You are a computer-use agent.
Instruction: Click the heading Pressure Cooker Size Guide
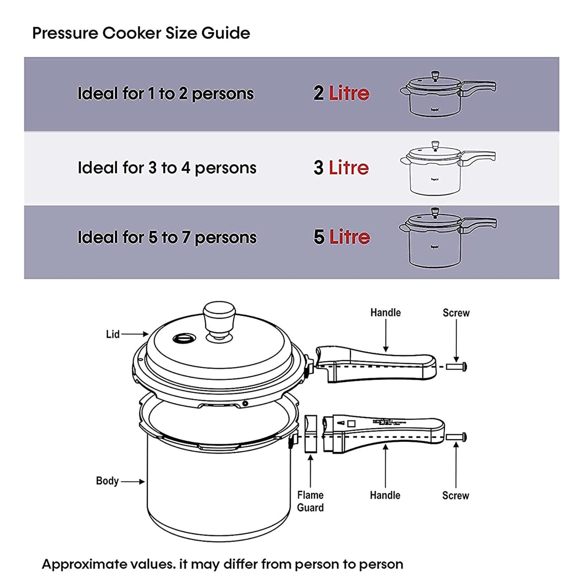click(141, 33)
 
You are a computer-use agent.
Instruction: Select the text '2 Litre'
click(341, 93)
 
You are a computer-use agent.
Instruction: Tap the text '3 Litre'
click(341, 168)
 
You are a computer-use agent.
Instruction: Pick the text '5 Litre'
click(342, 237)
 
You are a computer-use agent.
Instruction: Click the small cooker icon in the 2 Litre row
click(448, 94)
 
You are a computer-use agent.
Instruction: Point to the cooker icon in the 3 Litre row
click(448, 168)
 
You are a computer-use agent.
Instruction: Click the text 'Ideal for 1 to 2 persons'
click(165, 94)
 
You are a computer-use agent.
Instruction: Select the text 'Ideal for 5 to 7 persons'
click(167, 237)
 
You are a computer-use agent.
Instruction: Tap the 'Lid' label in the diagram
click(113, 334)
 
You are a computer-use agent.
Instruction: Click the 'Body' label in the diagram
click(107, 481)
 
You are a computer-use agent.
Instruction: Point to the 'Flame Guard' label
click(310, 501)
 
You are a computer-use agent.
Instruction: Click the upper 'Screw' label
click(456, 313)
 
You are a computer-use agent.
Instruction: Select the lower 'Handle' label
click(385, 495)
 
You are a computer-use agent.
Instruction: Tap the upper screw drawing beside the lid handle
click(456, 367)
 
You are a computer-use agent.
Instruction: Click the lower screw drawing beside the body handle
click(456, 437)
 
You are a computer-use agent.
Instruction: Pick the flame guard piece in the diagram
click(310, 434)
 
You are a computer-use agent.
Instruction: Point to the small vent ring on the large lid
click(184, 338)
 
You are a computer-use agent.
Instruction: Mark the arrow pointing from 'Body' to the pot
click(132, 481)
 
